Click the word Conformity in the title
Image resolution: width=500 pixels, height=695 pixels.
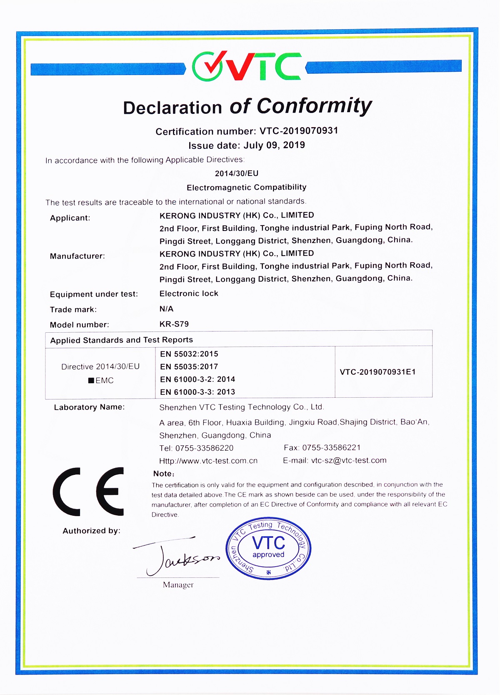coord(314,107)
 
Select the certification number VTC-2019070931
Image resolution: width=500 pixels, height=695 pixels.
coord(299,131)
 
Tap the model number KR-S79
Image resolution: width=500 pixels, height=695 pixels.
coord(174,324)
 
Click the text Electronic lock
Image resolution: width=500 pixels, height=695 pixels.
coord(189,294)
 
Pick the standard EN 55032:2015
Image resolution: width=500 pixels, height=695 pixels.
coord(189,354)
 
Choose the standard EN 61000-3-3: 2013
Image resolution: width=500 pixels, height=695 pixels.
coord(197,392)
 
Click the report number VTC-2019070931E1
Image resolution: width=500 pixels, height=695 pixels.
coord(377,372)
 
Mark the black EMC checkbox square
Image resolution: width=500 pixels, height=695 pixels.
coord(91,381)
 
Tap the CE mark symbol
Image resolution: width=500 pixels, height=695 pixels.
coord(89,492)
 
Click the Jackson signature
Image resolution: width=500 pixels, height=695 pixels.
coord(177,557)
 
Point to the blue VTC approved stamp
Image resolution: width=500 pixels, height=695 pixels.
coord(268,549)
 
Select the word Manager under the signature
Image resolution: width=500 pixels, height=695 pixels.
coord(178,585)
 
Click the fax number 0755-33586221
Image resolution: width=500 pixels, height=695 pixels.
coord(331,448)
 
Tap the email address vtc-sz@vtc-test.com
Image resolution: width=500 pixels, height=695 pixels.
coord(349,460)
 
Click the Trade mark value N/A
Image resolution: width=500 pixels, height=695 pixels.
coord(166,309)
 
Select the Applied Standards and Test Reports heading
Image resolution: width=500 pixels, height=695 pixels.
coord(122,340)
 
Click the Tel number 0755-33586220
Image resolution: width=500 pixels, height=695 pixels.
coord(204,448)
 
